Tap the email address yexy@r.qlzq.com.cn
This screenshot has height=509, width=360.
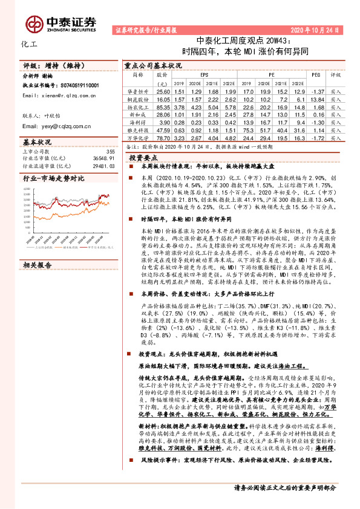coord(56,126)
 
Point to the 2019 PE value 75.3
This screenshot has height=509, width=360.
coord(248,129)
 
